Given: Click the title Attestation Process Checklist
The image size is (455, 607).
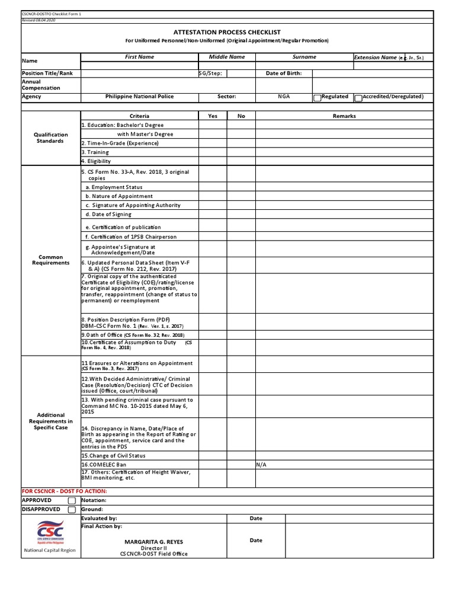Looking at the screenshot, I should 227,32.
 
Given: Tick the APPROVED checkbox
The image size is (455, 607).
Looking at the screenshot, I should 72,500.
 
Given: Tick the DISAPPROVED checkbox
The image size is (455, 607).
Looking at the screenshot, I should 72,509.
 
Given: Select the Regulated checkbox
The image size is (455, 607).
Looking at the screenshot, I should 317,97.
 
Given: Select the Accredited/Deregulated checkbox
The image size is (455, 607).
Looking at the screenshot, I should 358,97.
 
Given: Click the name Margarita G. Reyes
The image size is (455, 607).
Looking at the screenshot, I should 154,542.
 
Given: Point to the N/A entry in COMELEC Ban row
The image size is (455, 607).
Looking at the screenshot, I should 261,465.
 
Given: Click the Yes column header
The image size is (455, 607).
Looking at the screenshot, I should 213,116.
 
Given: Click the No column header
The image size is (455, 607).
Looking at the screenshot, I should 241,116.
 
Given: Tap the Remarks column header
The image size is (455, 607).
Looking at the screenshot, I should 344,116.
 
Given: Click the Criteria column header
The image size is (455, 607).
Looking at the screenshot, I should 139,116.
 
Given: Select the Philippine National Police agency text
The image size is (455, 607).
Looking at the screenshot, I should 139,96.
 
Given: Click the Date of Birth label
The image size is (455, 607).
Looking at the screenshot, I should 283,74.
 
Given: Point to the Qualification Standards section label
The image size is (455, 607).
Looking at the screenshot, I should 51,138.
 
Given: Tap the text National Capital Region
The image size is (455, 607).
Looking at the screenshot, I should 50,550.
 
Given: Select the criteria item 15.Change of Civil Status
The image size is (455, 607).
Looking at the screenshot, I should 113,456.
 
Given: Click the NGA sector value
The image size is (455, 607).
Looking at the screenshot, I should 284,96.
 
